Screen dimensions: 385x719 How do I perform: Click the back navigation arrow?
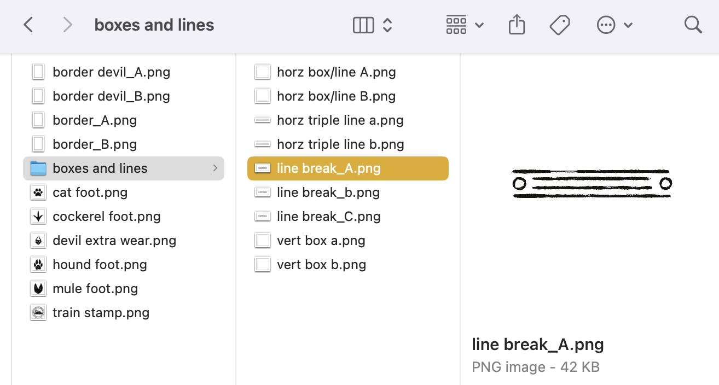tap(28, 25)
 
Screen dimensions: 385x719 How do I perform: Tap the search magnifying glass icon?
tap(693, 25)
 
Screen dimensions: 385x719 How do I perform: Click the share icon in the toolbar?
tap(517, 25)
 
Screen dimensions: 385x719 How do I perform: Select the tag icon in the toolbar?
tap(560, 25)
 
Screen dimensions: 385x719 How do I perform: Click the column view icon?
tap(363, 25)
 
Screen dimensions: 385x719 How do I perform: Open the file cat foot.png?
tap(90, 192)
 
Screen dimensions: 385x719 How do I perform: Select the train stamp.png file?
tap(101, 313)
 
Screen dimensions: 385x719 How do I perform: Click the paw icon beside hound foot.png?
tap(38, 265)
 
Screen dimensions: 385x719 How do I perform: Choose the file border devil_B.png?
tap(111, 96)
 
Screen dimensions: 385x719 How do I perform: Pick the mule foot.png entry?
tap(95, 289)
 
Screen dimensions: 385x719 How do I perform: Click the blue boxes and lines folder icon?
tap(38, 168)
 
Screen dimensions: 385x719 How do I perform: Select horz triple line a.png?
tap(340, 120)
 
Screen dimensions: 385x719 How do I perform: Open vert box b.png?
tap(321, 265)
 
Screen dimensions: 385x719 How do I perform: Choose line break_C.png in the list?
tap(328, 217)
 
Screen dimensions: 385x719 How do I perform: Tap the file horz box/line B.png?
tap(336, 96)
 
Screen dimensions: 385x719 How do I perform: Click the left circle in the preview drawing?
tap(519, 183)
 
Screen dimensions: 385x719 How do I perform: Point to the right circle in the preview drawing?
tap(665, 183)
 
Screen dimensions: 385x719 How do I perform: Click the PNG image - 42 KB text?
tap(535, 367)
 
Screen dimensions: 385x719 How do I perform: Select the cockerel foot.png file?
tap(106, 217)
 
